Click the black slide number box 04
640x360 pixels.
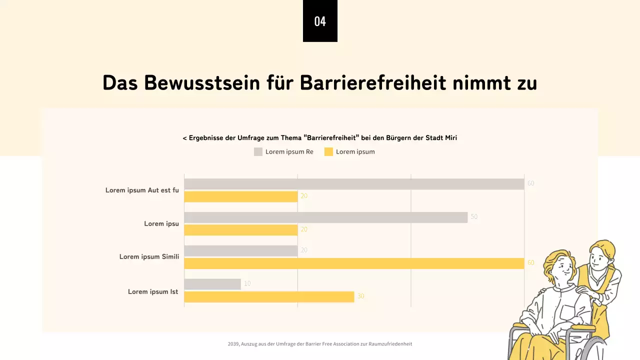[x=320, y=21]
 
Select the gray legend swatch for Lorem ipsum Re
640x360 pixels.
[x=258, y=152]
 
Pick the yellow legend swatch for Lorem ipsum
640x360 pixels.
[x=328, y=152]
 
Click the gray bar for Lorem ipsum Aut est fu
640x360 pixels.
[x=354, y=184]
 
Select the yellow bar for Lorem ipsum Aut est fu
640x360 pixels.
[x=241, y=196]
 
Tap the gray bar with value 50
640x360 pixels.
[x=325, y=217]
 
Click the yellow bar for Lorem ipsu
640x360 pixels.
[x=241, y=230]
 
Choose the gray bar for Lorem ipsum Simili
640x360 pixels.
[x=241, y=250]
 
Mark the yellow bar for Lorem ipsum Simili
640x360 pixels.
[x=354, y=263]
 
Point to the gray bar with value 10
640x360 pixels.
[x=212, y=284]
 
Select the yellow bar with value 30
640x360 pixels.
[x=269, y=297]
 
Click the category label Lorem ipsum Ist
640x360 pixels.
[x=153, y=292]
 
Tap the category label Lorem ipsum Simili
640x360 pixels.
[x=149, y=257]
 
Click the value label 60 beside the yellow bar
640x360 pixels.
[x=531, y=263]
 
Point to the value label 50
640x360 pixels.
[x=474, y=217]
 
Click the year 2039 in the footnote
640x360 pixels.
[x=233, y=344]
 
